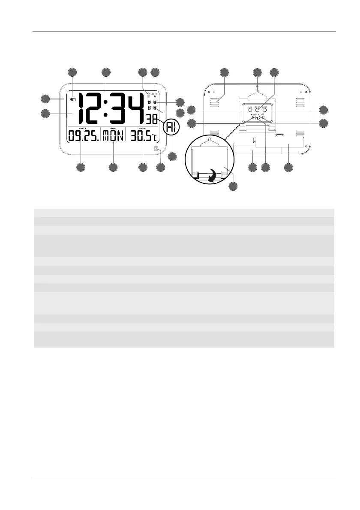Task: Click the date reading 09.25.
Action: [82, 137]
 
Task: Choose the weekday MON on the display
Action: [112, 137]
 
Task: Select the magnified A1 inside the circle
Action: [171, 127]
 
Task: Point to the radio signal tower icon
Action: [155, 96]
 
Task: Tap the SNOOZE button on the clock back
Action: [265, 110]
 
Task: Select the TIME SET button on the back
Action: [257, 110]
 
